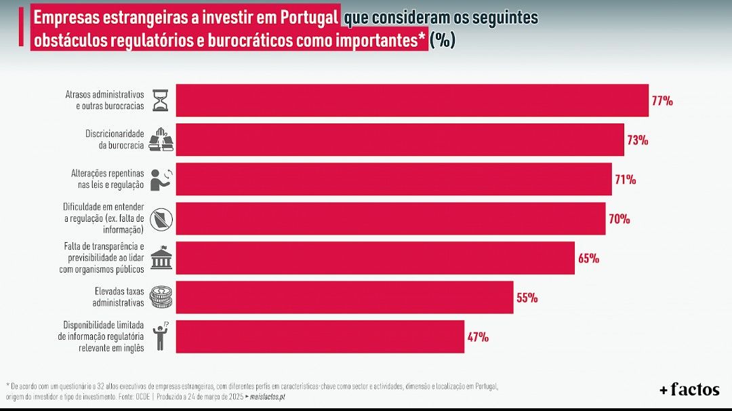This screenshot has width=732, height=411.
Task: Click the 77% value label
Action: point(662,101)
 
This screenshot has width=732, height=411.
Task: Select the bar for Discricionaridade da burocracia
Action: point(400,140)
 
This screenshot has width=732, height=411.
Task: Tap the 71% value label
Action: point(626,180)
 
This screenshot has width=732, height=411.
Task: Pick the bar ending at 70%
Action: point(390,218)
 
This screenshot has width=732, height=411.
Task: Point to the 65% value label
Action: point(588,258)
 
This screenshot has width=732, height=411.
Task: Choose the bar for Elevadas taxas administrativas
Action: point(344,297)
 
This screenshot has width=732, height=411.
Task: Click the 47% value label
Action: point(478,337)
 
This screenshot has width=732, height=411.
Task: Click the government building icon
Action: point(161,258)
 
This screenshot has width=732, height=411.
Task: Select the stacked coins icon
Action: point(161,297)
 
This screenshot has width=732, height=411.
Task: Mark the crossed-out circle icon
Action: point(161,218)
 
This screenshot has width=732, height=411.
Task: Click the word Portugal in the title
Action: point(306,17)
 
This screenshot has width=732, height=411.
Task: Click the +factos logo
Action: point(689,390)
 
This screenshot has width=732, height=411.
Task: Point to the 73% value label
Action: point(638,140)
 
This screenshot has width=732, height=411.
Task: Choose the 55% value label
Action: point(527,298)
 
